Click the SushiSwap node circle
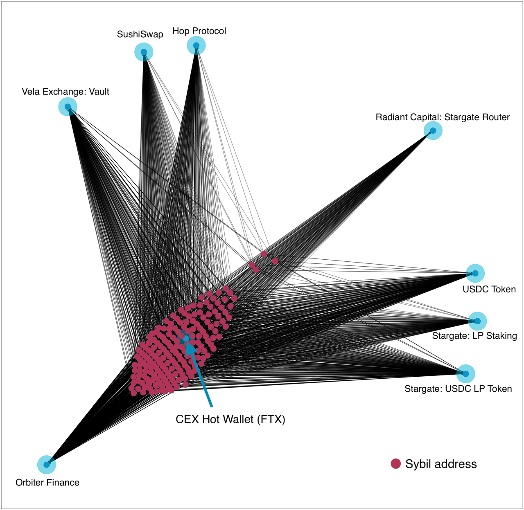point(144,52)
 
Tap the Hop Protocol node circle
point(196,45)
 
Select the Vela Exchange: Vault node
point(68,107)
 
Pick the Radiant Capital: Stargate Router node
point(433,131)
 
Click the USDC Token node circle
point(475,273)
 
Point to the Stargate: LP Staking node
point(477,321)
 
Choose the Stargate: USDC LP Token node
point(465,374)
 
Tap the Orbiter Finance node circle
point(47,465)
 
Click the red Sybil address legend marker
point(396,464)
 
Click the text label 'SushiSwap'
point(140,34)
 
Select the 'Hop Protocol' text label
point(199,31)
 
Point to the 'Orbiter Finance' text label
point(47,483)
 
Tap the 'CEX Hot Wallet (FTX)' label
point(230,419)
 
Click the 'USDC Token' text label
point(489,290)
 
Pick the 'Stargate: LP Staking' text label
point(475,336)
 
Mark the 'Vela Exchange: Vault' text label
point(65,92)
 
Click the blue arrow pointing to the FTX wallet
point(199,374)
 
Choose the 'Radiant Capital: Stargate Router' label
point(443,117)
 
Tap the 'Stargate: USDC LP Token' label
point(458,389)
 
